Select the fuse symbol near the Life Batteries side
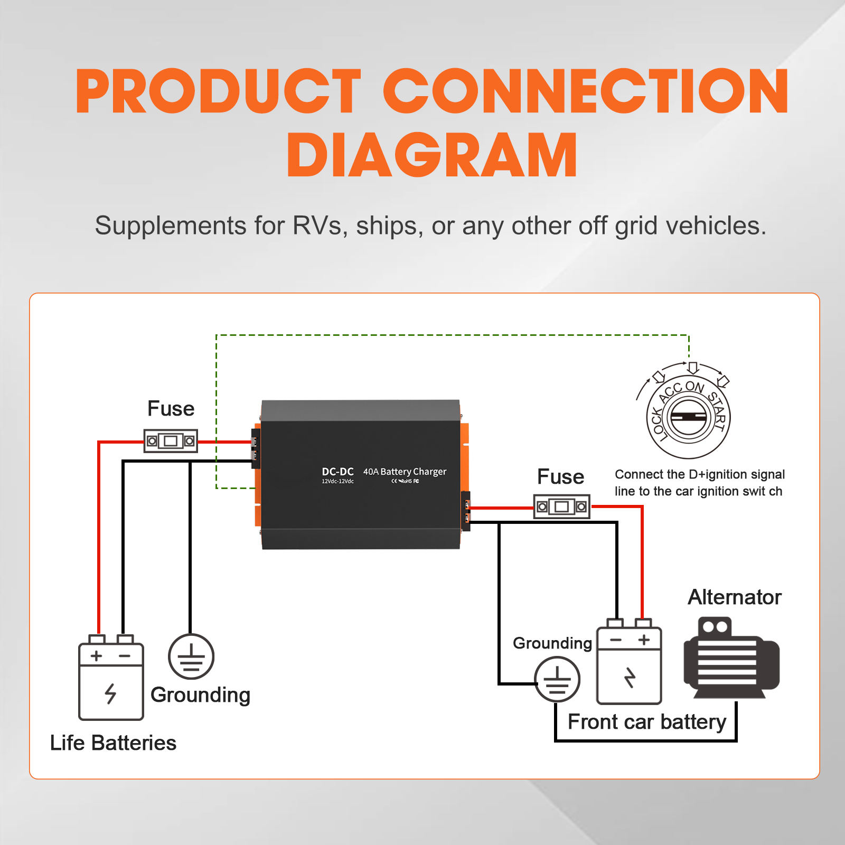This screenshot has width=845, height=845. [171, 440]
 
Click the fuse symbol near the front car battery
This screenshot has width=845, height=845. [561, 506]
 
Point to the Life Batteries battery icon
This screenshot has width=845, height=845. [111, 681]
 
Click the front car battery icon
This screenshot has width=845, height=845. [629, 665]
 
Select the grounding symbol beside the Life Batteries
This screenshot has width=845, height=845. [191, 656]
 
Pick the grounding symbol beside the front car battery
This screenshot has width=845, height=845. [557, 679]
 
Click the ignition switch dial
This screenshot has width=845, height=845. [688, 417]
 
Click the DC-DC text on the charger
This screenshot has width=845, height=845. [337, 472]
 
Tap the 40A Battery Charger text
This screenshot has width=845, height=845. [405, 472]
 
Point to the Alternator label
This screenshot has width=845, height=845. [734, 597]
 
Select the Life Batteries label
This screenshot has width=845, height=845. [113, 743]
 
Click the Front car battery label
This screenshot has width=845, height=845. [647, 722]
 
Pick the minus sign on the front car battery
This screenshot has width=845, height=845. [616, 640]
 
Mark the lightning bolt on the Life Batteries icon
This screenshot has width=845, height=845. [110, 693]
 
